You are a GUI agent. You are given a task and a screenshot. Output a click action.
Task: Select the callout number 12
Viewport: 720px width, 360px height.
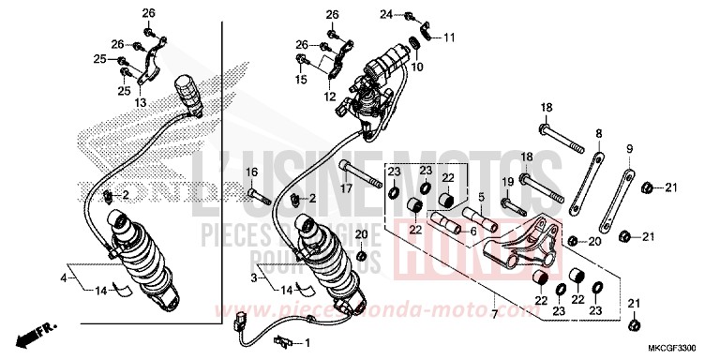point(330,97)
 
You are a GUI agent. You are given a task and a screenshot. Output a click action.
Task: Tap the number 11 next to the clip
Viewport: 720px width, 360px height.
point(449,37)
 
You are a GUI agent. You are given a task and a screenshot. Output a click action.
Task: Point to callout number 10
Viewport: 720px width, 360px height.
point(418,67)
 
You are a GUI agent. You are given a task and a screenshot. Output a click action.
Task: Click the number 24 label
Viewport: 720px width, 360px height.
point(385,14)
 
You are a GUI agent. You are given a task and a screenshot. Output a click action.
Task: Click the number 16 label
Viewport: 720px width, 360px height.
point(251,173)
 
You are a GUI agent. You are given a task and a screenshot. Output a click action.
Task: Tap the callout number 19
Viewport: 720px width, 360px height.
point(505,181)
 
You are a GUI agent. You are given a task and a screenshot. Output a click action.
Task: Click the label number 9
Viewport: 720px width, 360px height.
point(630,149)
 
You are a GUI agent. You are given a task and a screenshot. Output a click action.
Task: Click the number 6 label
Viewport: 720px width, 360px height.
point(472,232)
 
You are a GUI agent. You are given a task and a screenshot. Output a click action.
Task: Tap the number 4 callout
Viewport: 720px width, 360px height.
point(65,278)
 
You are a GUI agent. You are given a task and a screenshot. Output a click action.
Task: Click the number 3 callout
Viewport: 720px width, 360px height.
point(252,278)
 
